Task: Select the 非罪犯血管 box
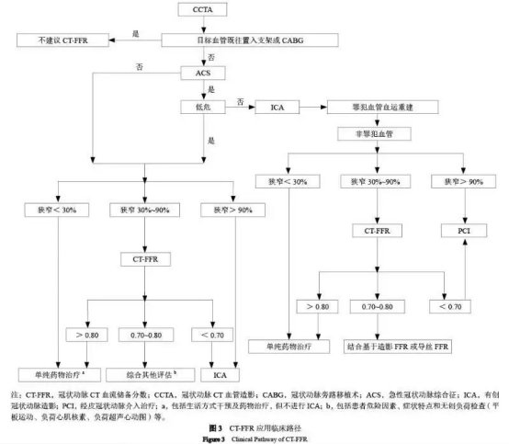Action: pyautogui.click(x=384, y=134)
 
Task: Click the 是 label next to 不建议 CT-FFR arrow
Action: pyautogui.click(x=135, y=33)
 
